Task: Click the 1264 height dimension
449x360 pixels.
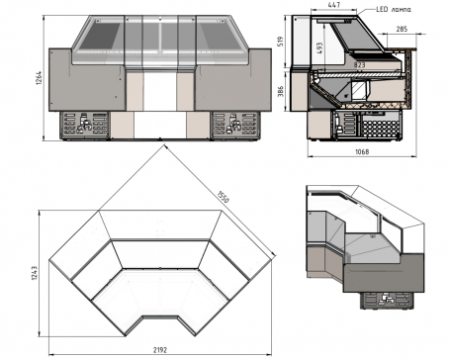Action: [x=39, y=78]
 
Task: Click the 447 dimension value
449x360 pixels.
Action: [x=334, y=5]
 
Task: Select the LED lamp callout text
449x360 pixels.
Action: [x=394, y=9]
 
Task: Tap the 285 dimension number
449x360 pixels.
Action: [x=402, y=29]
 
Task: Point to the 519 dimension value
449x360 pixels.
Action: [x=281, y=42]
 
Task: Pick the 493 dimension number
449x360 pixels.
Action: [x=319, y=47]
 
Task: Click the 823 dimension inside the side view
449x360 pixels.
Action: [x=360, y=65]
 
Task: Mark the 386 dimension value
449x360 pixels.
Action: [x=281, y=91]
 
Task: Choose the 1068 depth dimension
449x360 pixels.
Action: [x=362, y=151]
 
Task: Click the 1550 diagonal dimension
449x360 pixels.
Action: [x=223, y=197]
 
